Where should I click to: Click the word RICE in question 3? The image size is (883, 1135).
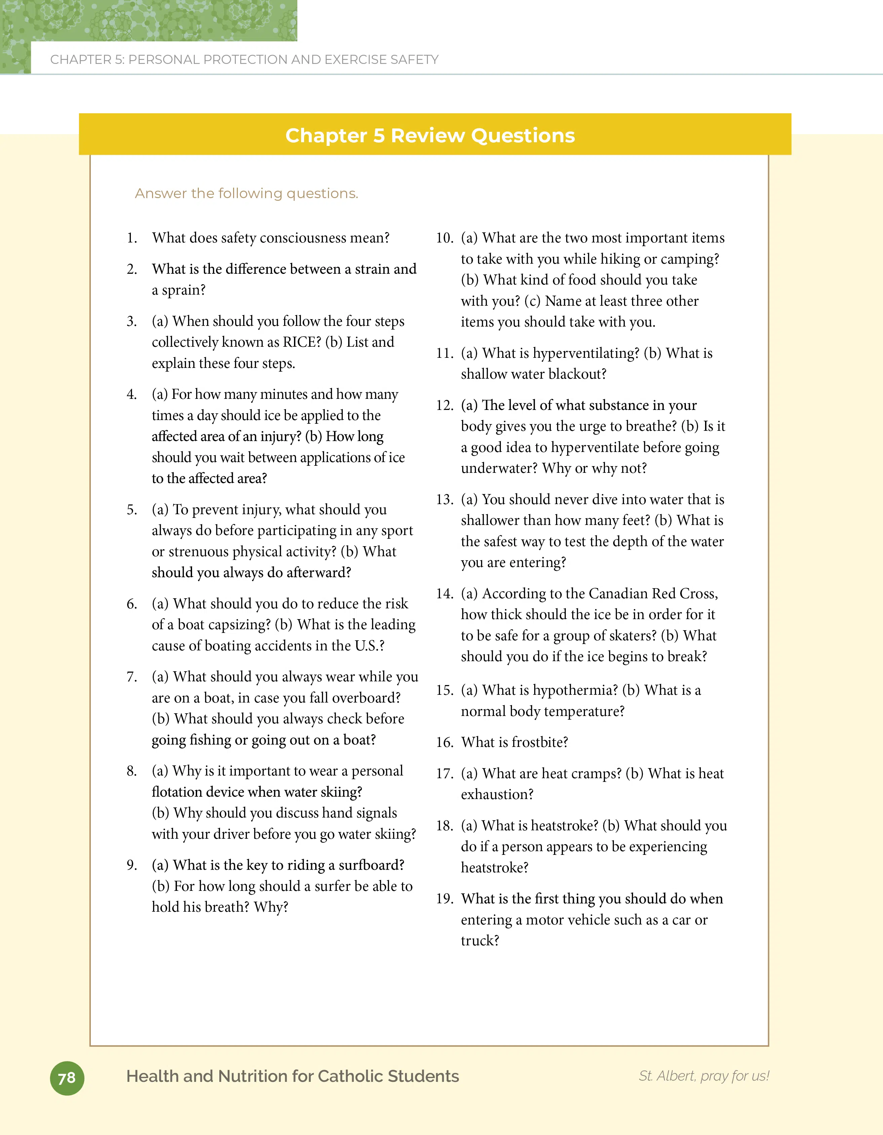point(301,342)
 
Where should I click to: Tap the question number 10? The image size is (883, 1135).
point(444,238)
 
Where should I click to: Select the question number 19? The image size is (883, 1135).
point(444,899)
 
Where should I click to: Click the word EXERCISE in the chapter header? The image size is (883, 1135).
point(356,60)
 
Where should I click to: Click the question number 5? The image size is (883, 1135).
point(132,510)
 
